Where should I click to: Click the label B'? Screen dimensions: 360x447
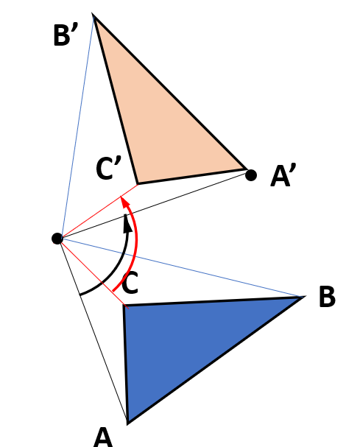(x=66, y=35)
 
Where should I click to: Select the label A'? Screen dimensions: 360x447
(x=283, y=175)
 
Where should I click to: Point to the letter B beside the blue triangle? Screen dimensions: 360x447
(x=327, y=297)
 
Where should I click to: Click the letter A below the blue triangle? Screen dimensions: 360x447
(x=103, y=437)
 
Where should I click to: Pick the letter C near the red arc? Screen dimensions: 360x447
(x=130, y=283)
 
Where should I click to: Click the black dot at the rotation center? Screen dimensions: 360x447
(x=57, y=239)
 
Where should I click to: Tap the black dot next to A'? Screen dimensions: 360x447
(x=251, y=175)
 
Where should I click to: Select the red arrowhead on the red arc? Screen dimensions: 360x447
(x=124, y=203)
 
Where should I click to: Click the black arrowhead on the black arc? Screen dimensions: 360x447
(x=127, y=223)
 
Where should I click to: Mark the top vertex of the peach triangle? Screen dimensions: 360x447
(x=93, y=15)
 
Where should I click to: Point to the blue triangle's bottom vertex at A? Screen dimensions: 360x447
(x=127, y=423)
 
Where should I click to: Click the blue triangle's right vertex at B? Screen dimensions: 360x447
(x=303, y=297)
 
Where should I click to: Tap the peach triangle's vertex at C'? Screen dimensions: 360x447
(x=138, y=184)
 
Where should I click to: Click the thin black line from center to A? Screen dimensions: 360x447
(x=92, y=330)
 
